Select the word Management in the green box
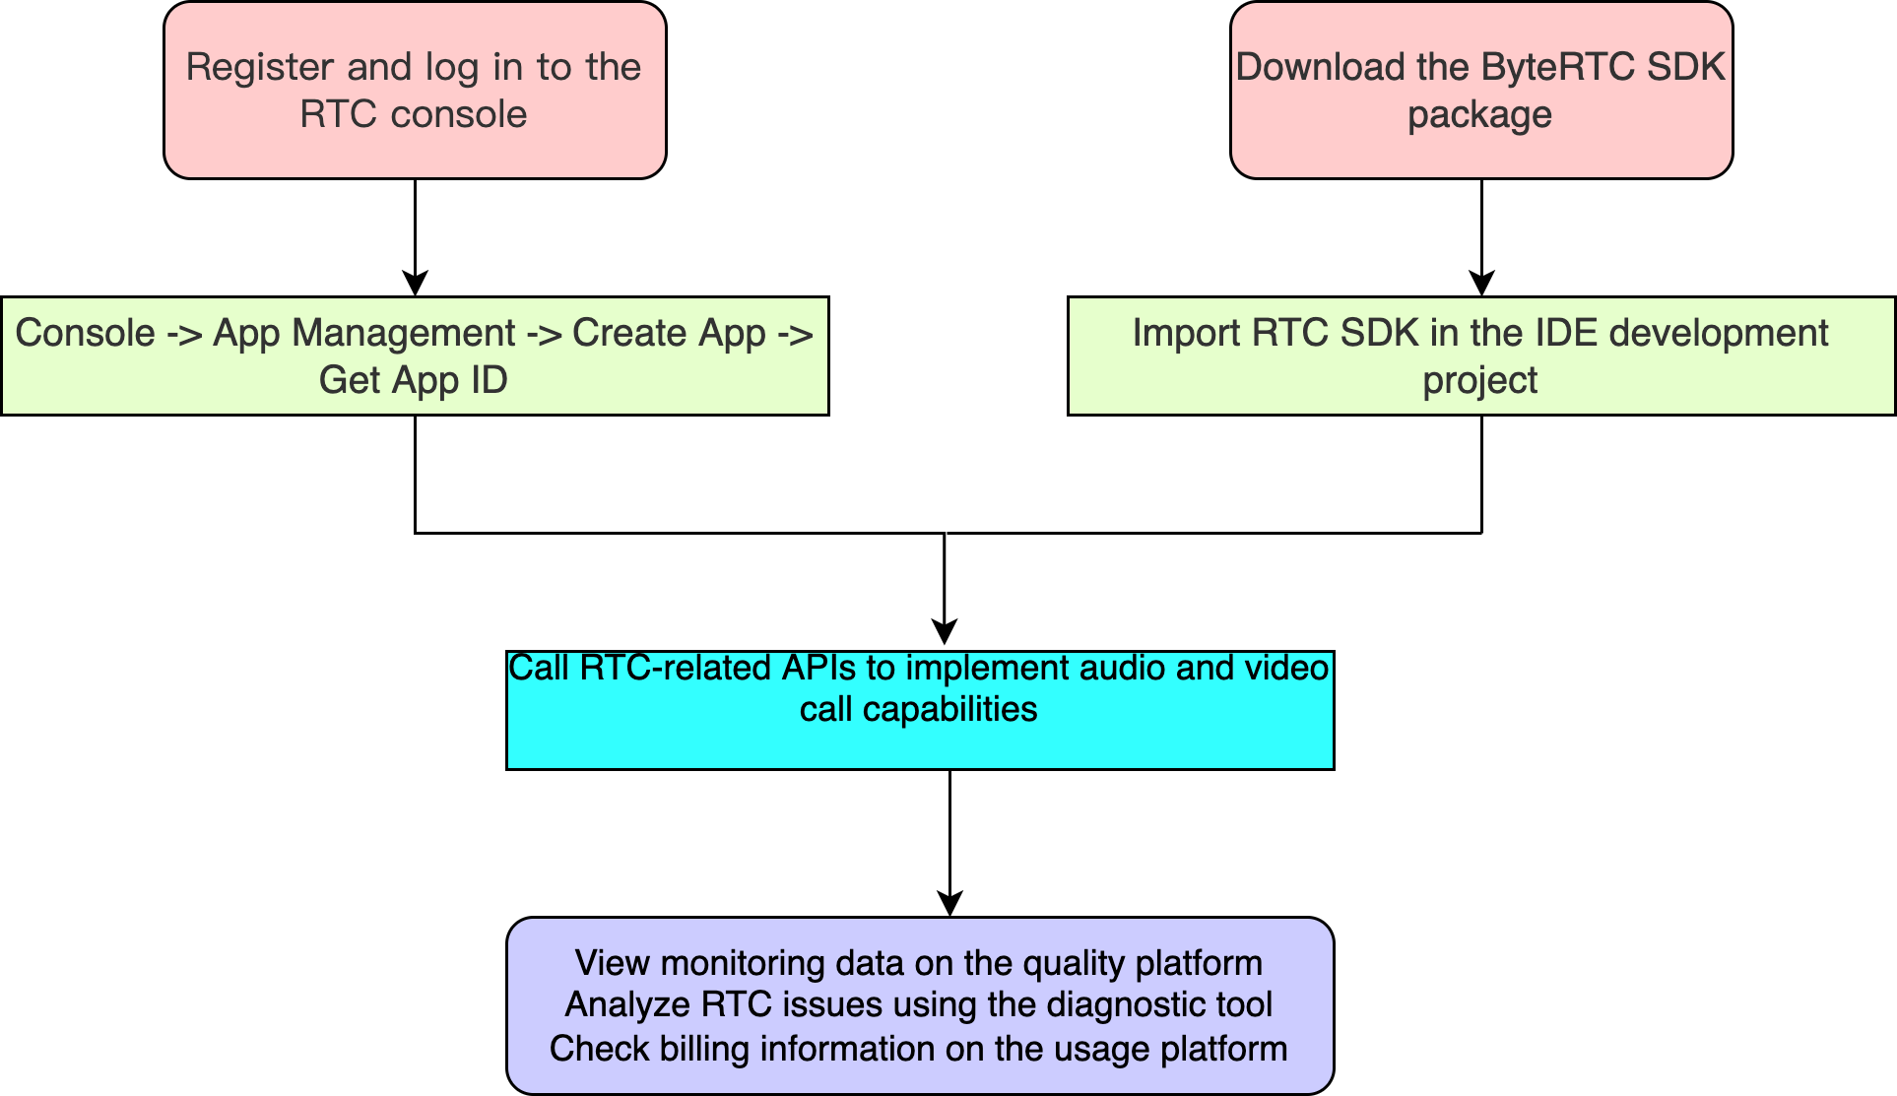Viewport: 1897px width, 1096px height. click(x=404, y=334)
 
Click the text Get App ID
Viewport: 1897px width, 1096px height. click(x=414, y=380)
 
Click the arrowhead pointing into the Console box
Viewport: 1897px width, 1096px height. click(x=416, y=284)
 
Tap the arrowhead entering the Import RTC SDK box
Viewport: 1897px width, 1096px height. click(x=1481, y=284)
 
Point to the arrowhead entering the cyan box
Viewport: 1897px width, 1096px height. click(x=945, y=633)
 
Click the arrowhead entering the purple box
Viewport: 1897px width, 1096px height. click(x=949, y=903)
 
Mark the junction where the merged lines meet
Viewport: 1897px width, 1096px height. click(x=945, y=533)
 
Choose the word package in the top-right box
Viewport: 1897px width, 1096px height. click(x=1479, y=115)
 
